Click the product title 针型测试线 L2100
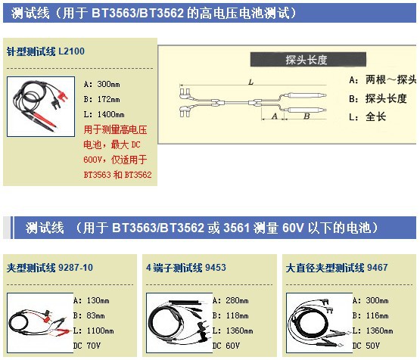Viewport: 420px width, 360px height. tap(45, 51)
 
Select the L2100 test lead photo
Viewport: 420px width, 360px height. tap(41, 107)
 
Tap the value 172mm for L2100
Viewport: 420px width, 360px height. tap(108, 99)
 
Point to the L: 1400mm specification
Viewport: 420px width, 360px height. tap(104, 114)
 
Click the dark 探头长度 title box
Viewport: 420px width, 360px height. tap(308, 60)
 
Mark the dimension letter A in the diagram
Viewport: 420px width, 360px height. tap(275, 116)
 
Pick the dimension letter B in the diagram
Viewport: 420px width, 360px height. tap(306, 116)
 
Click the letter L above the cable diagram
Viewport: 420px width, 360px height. tap(250, 82)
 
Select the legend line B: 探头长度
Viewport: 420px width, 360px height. tap(378, 99)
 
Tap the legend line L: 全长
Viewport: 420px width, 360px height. tap(368, 117)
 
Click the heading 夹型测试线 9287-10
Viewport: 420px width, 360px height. tap(50, 268)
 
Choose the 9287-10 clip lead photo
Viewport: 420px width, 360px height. tap(40, 323)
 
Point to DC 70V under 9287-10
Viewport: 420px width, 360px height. tap(87, 346)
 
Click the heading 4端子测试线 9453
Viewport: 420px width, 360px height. tap(186, 268)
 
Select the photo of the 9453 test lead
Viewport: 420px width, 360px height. tap(179, 323)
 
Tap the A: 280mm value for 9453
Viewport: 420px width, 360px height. tap(231, 300)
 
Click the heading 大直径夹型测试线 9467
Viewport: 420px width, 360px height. tap(337, 268)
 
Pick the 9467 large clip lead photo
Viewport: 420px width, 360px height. tap(319, 323)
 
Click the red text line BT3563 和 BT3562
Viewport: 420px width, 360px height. tap(117, 175)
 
